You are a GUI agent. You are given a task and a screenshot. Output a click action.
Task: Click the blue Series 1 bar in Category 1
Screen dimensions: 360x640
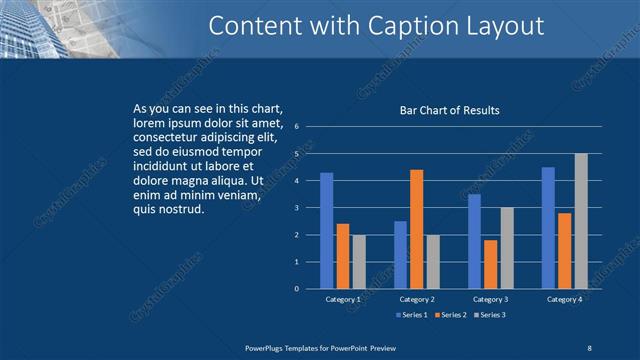pos(326,230)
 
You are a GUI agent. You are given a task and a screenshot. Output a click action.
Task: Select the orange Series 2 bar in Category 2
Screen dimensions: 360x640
pos(416,229)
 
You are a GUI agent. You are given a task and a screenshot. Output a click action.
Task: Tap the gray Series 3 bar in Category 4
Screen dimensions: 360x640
pos(581,221)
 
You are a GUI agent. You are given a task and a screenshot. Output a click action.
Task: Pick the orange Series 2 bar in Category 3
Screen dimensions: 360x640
pos(490,264)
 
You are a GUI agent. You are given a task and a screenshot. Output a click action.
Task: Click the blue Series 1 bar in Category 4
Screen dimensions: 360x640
pos(548,228)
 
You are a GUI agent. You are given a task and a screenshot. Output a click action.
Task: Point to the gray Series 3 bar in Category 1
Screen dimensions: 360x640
pos(359,261)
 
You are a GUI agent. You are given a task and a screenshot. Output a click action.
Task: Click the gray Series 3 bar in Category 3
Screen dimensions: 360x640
pos(507,248)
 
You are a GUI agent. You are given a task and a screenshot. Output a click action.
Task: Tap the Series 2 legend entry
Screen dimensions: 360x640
pos(451,315)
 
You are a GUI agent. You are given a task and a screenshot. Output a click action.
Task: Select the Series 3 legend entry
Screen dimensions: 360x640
pos(490,315)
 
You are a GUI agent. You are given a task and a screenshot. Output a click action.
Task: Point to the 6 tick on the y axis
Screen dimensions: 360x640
pos(296,127)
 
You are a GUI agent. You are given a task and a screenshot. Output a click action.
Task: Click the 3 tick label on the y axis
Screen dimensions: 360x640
pos(296,208)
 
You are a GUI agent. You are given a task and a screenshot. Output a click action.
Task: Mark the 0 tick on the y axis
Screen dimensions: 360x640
pos(296,289)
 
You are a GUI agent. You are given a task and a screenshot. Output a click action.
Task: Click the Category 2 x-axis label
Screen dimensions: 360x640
pos(416,299)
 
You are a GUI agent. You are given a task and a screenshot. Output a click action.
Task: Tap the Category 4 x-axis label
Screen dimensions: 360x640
pos(565,299)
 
